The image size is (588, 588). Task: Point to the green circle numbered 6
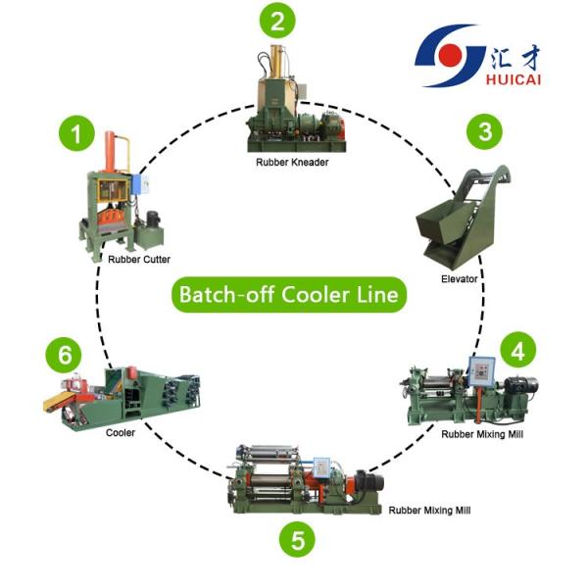[65, 353]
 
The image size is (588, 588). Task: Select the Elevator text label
[459, 279]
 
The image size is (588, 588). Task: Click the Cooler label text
[121, 431]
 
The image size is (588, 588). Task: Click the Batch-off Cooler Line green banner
[289, 293]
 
